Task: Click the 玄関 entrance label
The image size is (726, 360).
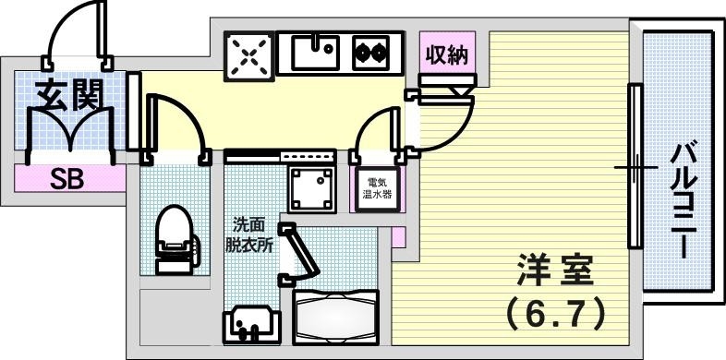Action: click(x=68, y=95)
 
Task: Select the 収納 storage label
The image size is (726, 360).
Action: click(x=447, y=55)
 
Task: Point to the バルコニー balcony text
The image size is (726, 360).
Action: click(x=684, y=198)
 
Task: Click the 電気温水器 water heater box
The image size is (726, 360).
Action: click(x=379, y=188)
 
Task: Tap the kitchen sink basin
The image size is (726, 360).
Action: click(x=318, y=54)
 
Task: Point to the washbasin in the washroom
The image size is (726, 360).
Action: click(x=248, y=324)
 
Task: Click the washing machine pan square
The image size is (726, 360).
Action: click(x=310, y=188)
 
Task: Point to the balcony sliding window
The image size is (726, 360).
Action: click(x=635, y=166)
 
